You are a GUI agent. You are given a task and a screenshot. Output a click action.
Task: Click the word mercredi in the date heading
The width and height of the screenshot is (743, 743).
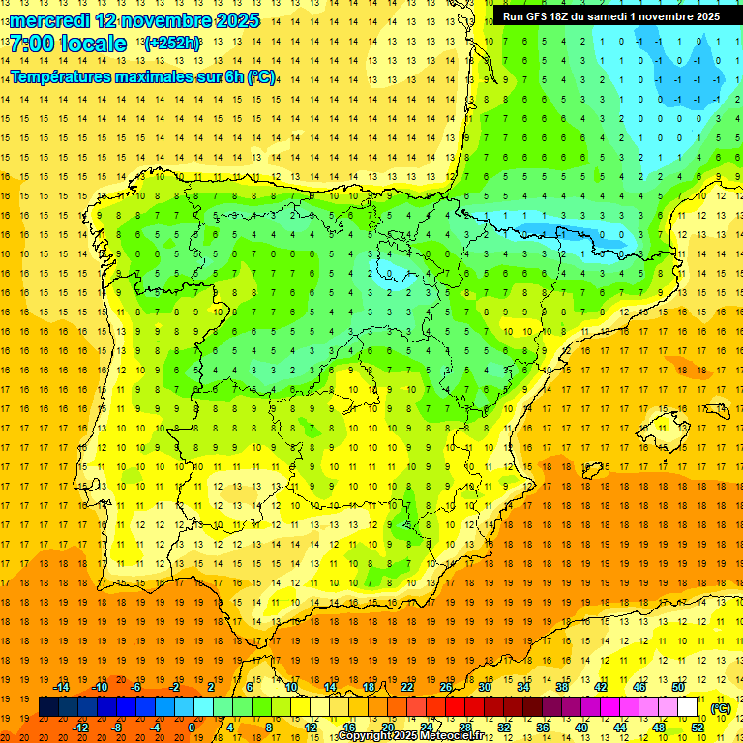point(49,20)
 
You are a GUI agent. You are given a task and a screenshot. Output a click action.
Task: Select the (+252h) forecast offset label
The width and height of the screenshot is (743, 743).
point(171,44)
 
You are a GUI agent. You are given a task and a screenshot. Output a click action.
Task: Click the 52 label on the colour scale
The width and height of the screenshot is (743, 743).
point(698,728)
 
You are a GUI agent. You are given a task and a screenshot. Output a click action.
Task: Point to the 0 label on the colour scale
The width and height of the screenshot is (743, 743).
point(192,728)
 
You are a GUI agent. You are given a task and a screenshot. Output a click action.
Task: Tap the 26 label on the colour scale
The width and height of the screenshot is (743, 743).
point(446,687)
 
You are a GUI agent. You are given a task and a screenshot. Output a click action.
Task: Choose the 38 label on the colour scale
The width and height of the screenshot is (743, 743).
point(562,687)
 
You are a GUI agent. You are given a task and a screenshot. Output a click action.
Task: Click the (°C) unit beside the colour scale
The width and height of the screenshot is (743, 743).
point(720,708)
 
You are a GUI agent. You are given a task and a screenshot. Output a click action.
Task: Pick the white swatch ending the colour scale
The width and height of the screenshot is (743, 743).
point(688,707)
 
